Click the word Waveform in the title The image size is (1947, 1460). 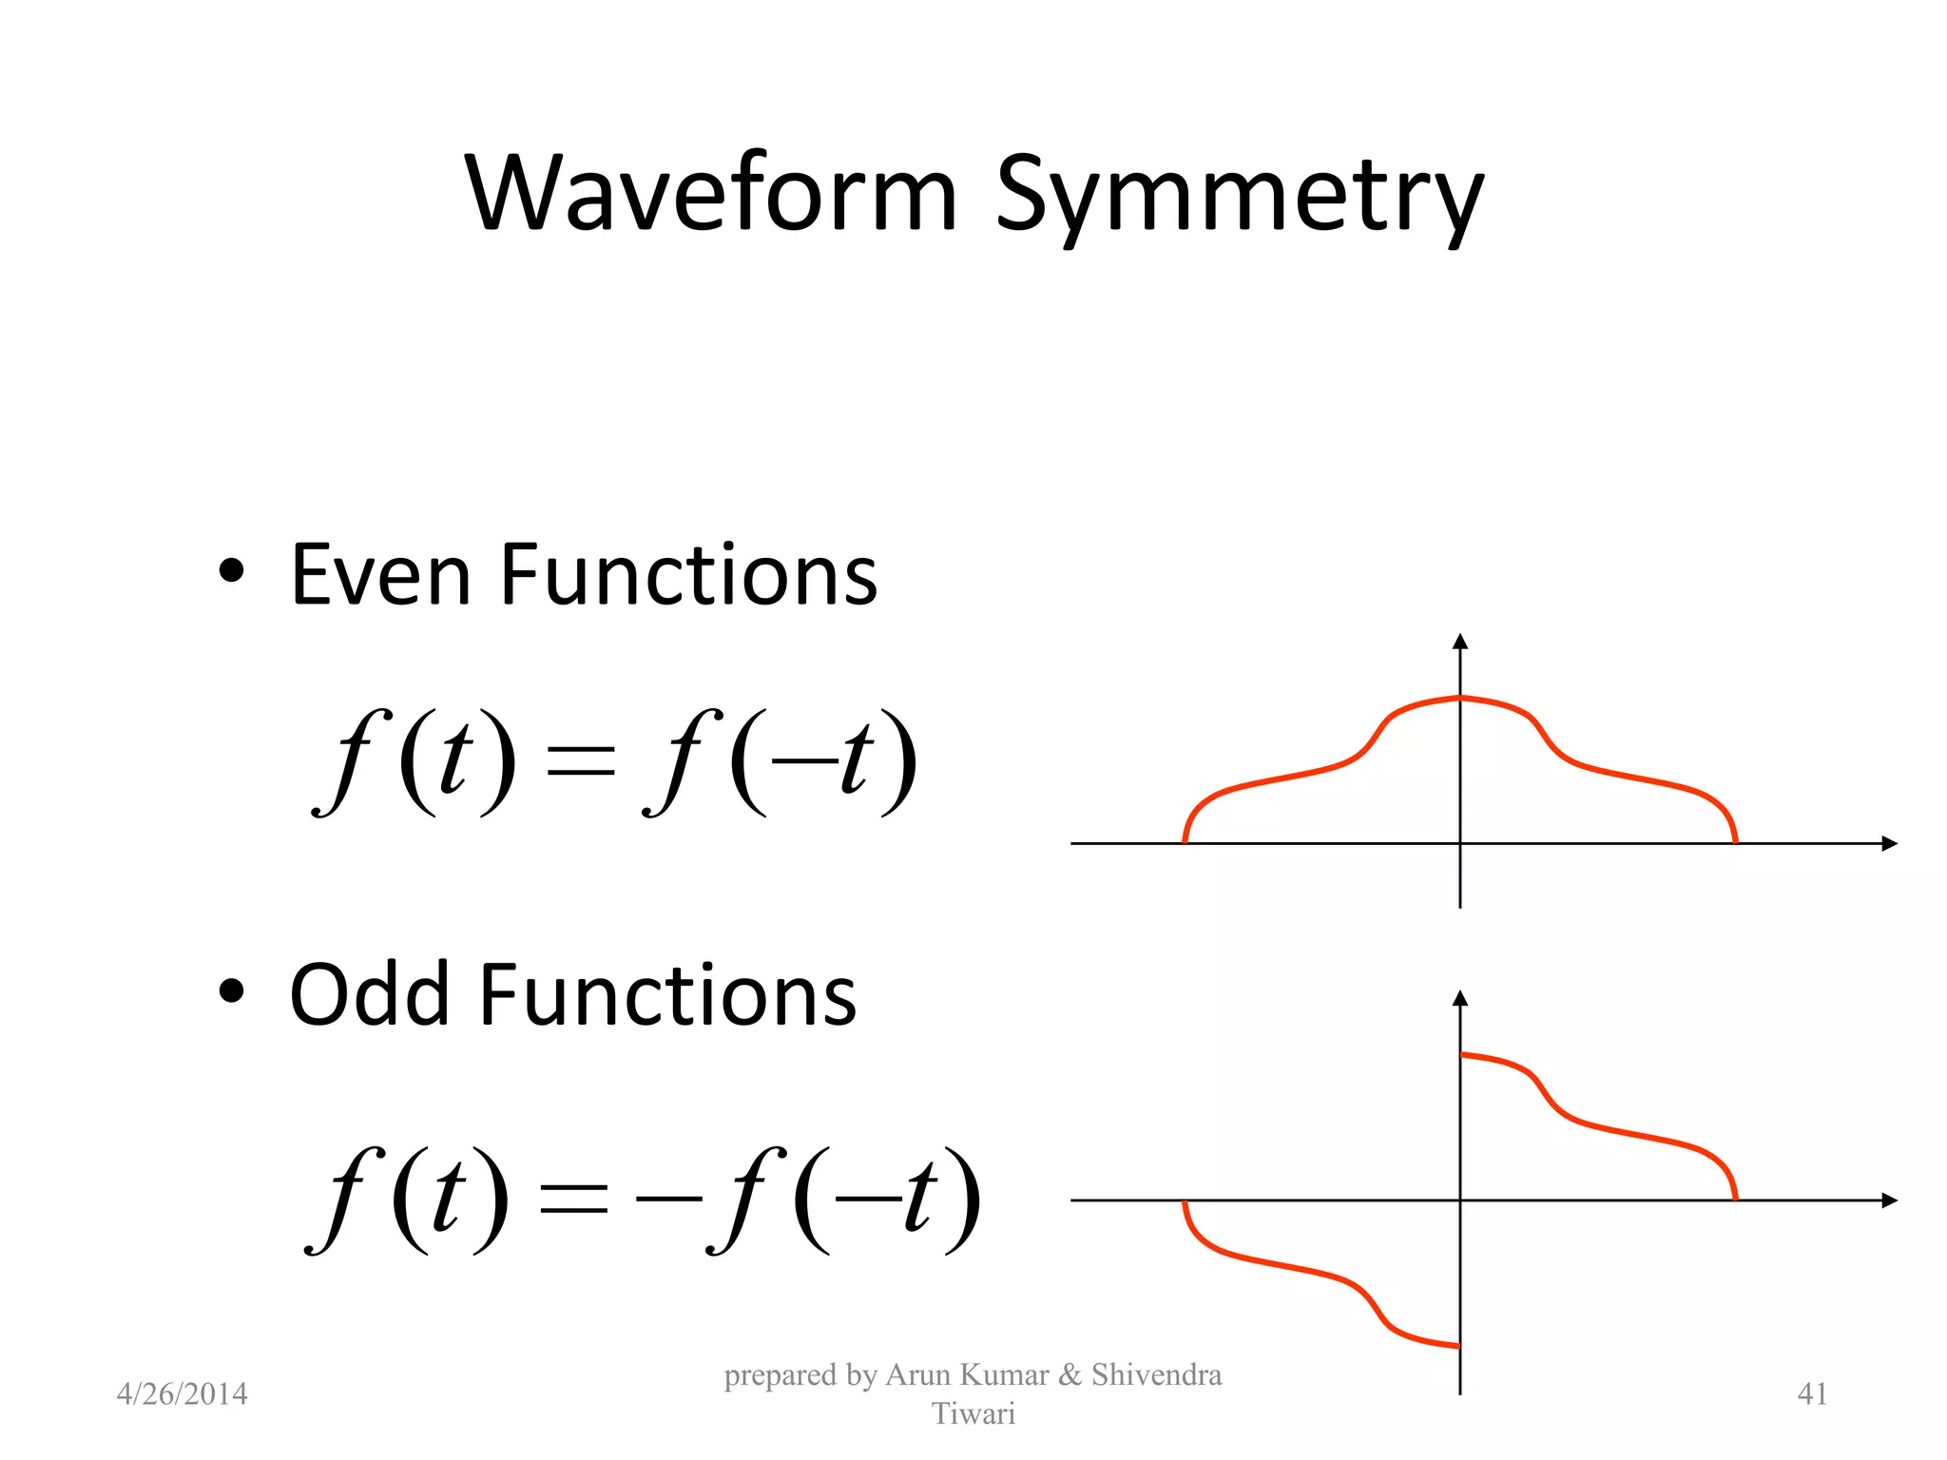point(711,195)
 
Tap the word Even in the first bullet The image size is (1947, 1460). point(380,575)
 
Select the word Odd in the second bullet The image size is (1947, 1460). point(369,995)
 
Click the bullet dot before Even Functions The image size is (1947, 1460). point(231,571)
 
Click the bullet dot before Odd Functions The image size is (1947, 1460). point(231,992)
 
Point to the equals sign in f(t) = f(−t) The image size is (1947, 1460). point(581,760)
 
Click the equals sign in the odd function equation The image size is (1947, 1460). point(573,1200)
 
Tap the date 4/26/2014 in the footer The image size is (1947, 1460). point(182,1393)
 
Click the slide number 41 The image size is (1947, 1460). point(1812,1393)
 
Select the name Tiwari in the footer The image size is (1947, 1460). point(973,1413)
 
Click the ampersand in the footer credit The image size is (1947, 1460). point(1070,1374)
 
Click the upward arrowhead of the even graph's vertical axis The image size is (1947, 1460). point(1460,642)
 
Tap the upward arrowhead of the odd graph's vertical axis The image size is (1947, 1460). point(1460,998)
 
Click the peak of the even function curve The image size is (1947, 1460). point(1460,698)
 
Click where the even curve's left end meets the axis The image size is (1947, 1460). point(1185,841)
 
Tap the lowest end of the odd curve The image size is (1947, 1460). point(1456,1345)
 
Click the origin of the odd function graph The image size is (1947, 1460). point(1460,1201)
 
